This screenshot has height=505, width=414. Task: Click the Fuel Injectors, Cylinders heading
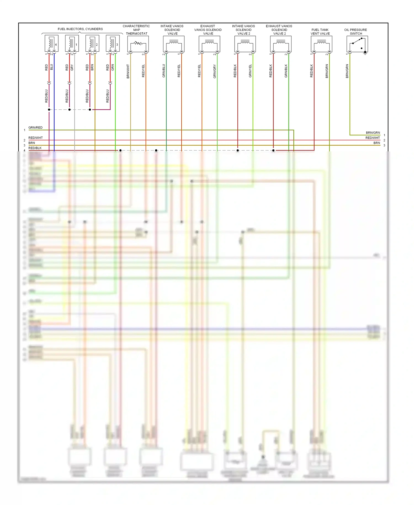pos(80,29)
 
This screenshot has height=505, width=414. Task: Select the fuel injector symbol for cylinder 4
pos(52,43)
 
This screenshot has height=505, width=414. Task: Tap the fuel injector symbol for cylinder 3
pos(113,43)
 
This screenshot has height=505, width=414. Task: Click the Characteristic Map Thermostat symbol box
pos(138,44)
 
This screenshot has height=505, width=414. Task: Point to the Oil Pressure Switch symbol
pos(357,44)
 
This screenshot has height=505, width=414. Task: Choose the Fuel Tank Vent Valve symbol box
pos(321,44)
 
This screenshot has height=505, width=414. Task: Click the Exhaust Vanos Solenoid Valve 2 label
pos(279,30)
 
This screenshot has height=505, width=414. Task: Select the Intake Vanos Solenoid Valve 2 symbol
pos(245,44)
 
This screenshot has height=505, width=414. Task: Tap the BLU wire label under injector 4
pos(52,67)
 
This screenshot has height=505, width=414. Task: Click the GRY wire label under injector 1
pos(72,67)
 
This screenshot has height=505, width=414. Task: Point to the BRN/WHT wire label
pos(128,71)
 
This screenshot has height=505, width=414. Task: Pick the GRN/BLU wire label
pos(164,71)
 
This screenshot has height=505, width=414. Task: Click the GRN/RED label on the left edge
pos(35,128)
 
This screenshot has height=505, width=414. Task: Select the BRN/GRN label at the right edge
pos(373,133)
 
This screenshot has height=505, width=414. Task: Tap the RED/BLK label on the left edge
pos(35,148)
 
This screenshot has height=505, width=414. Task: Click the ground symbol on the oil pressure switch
pos(365,53)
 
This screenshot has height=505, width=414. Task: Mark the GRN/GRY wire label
pos(214,71)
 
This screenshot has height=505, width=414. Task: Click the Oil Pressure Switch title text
pos(355,32)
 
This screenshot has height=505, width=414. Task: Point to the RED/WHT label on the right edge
pos(373,138)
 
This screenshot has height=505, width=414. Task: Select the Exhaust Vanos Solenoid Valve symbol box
pos(209,44)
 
